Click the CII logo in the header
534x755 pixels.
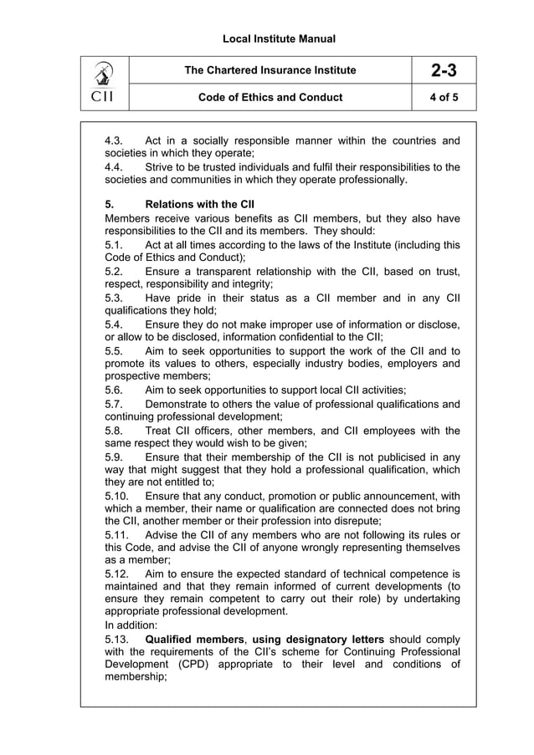[105, 84]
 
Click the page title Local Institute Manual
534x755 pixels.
[267, 38]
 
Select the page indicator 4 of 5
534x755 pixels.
[438, 97]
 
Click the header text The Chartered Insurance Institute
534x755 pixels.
[270, 70]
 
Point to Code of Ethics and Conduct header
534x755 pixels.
[270, 97]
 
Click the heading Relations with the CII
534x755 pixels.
[199, 204]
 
